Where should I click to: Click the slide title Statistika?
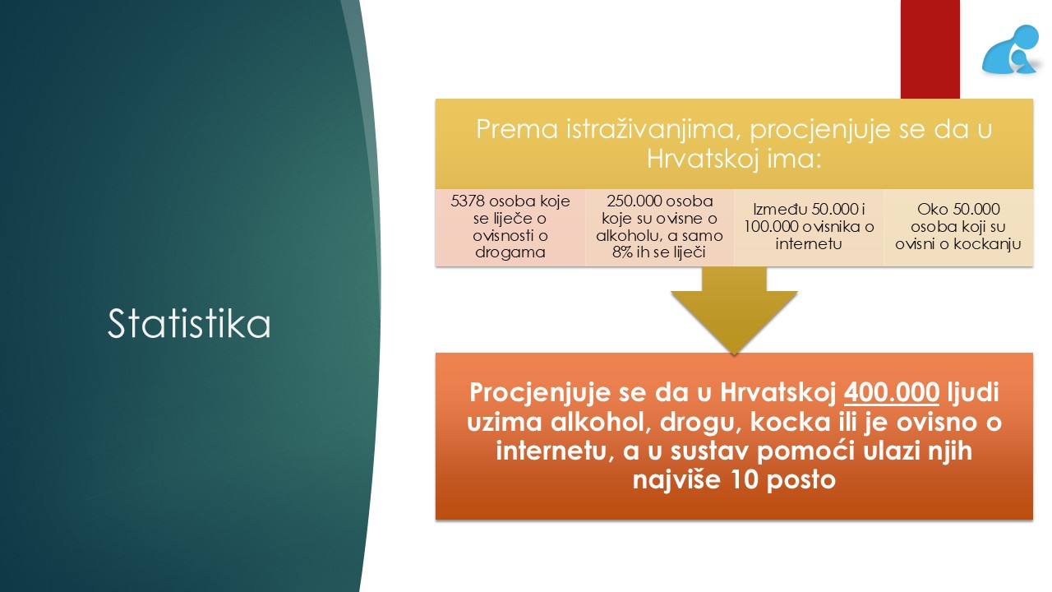click(189, 323)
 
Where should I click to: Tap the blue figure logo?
click(1010, 50)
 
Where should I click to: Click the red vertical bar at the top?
click(930, 49)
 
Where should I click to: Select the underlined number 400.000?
click(892, 392)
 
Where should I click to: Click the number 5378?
click(468, 201)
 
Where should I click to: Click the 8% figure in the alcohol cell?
click(623, 252)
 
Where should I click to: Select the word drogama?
click(510, 252)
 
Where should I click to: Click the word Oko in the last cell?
click(929, 209)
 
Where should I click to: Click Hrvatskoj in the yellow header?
click(703, 159)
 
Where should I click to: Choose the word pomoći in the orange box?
click(805, 451)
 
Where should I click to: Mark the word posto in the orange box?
click(801, 480)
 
